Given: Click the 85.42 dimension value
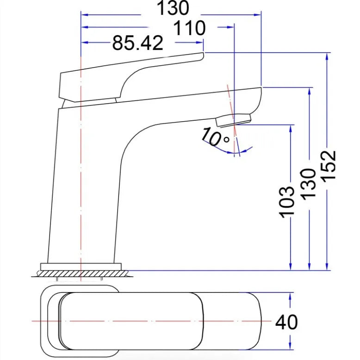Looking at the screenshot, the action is (x=138, y=43).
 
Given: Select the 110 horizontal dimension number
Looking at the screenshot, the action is (x=189, y=28).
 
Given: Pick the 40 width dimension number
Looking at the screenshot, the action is (x=286, y=322).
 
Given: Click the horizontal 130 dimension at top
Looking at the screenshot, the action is (x=173, y=8).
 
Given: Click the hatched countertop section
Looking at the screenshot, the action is (x=82, y=273).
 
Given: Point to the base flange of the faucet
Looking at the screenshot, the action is (x=81, y=267).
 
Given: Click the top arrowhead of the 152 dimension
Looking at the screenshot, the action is (x=327, y=56).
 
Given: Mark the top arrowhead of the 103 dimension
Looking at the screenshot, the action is (x=291, y=129).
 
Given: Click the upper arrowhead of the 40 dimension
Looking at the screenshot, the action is (x=290, y=297).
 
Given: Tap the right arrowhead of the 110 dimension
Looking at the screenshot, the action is (x=230, y=27).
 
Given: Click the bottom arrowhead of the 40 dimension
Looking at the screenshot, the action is (x=290, y=346).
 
